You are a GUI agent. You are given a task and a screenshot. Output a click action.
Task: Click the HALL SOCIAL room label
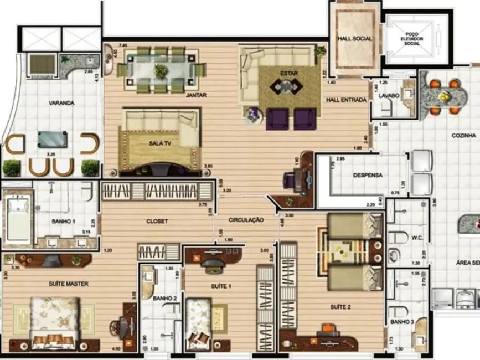click(355, 39)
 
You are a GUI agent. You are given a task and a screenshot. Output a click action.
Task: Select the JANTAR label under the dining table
click(196, 95)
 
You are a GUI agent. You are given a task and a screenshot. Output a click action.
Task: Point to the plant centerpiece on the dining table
click(161, 71)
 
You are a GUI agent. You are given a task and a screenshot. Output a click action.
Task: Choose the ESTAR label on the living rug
click(288, 73)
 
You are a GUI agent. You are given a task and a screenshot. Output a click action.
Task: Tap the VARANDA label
click(61, 103)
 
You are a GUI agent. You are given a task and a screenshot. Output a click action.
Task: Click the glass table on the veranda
click(53, 139)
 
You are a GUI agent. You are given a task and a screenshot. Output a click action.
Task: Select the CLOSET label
click(157, 221)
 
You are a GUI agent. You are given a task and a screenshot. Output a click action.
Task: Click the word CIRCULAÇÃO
click(246, 220)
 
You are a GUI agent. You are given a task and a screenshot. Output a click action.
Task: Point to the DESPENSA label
click(368, 176)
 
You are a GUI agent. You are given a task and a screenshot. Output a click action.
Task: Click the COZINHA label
click(464, 135)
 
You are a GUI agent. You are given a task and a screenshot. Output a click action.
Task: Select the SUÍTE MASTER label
click(68, 284)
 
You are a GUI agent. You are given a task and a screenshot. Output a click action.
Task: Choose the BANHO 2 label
click(164, 298)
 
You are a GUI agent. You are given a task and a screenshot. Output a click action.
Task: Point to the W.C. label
click(417, 240)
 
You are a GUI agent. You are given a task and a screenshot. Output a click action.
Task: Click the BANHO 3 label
click(401, 321)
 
